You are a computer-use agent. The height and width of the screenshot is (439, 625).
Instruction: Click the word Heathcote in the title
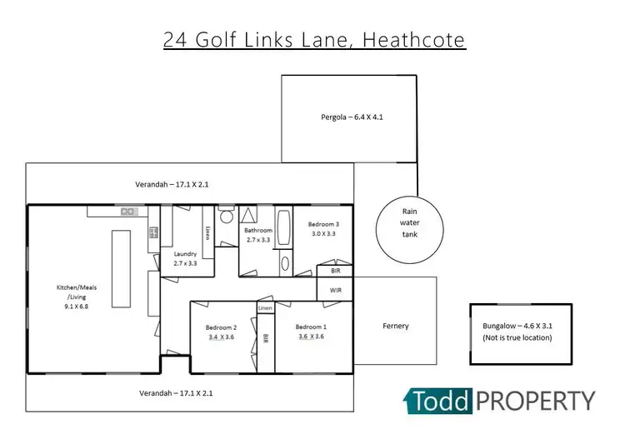coord(410,39)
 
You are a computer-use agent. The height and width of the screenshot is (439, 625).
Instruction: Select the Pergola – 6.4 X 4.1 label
coord(352,117)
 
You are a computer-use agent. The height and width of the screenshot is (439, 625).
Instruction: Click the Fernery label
coord(395,326)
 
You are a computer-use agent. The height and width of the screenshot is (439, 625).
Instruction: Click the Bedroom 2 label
coord(222,327)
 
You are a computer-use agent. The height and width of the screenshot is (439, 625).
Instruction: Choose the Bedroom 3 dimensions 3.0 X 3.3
coord(322,234)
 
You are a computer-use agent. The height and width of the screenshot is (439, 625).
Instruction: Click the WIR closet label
coord(335,290)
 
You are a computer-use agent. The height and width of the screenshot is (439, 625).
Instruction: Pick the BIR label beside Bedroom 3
coord(335,271)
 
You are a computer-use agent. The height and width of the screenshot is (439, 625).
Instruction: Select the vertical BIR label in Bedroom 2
coord(265,339)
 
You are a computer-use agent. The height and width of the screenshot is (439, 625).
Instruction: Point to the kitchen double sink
coord(127,212)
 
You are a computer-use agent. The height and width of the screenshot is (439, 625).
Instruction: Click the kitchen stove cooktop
coord(153,230)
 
